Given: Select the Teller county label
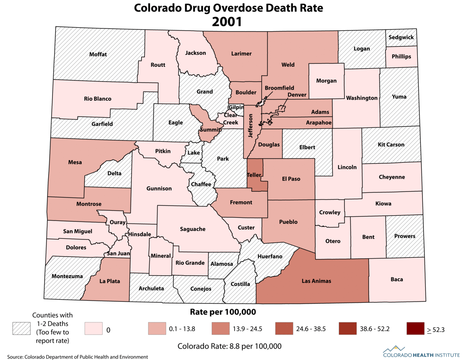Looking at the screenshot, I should click(254, 175).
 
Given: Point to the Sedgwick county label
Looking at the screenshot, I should click(401, 38).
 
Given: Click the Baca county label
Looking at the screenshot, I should click(396, 279).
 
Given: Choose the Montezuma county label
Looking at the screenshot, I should click(67, 276).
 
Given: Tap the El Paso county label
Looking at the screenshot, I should click(291, 179).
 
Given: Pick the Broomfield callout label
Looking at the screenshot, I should click(279, 88).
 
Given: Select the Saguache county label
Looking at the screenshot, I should click(193, 229).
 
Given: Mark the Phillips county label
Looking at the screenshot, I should click(401, 56).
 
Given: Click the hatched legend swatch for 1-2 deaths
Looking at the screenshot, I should click(22, 329).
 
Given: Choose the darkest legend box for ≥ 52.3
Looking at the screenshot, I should click(416, 329).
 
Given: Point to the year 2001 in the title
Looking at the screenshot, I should click(227, 22).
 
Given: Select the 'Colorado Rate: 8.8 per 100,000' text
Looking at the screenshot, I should click(229, 346).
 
